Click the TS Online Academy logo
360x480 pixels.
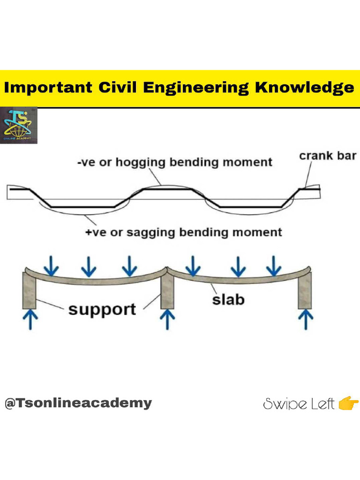[19, 126]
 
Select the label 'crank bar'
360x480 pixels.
[327, 156]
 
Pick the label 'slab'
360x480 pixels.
[228, 299]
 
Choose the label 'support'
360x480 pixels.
[102, 309]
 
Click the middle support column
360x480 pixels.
[167, 290]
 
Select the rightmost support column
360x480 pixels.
[305, 290]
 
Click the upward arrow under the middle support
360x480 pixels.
[167, 320]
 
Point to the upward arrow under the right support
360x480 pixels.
[306, 320]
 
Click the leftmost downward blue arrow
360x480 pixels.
[51, 266]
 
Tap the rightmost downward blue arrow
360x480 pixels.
[274, 266]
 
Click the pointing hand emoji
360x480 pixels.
[348, 403]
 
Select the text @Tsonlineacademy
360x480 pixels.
[78, 403]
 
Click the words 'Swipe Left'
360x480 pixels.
[299, 404]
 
